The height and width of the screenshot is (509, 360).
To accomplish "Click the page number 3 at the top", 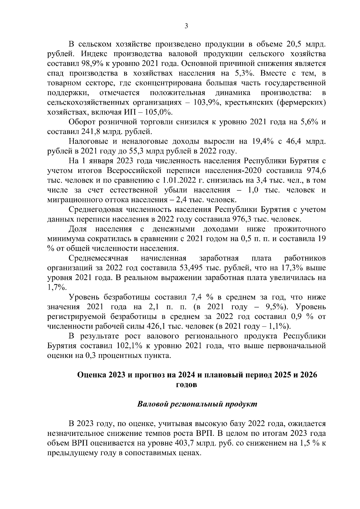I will [x=186, y=26].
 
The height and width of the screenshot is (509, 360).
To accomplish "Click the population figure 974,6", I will [x=315, y=171].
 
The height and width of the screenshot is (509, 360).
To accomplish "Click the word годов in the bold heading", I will [x=186, y=385].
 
